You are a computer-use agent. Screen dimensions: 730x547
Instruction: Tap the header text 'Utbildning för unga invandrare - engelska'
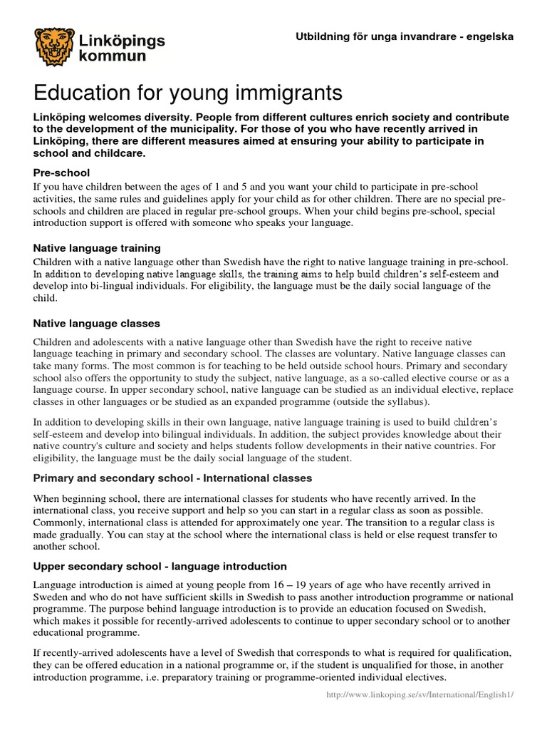[405, 36]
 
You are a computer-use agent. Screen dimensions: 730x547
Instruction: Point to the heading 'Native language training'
[97, 248]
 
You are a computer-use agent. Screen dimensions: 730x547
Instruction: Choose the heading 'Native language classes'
[97, 323]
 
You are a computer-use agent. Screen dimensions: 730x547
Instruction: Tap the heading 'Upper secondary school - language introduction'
[160, 566]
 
